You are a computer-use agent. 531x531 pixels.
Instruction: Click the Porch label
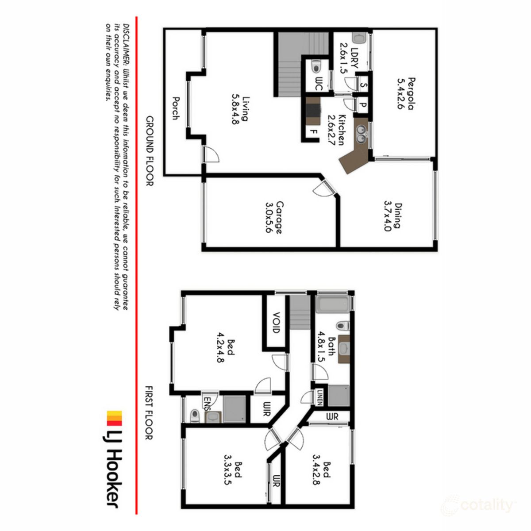(176, 109)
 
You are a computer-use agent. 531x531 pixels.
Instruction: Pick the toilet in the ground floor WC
(316, 67)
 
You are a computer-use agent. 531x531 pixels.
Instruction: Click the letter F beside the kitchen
(313, 132)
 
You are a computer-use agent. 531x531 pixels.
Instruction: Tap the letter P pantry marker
(362, 105)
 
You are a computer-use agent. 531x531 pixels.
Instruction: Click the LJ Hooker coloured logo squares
(115, 419)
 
